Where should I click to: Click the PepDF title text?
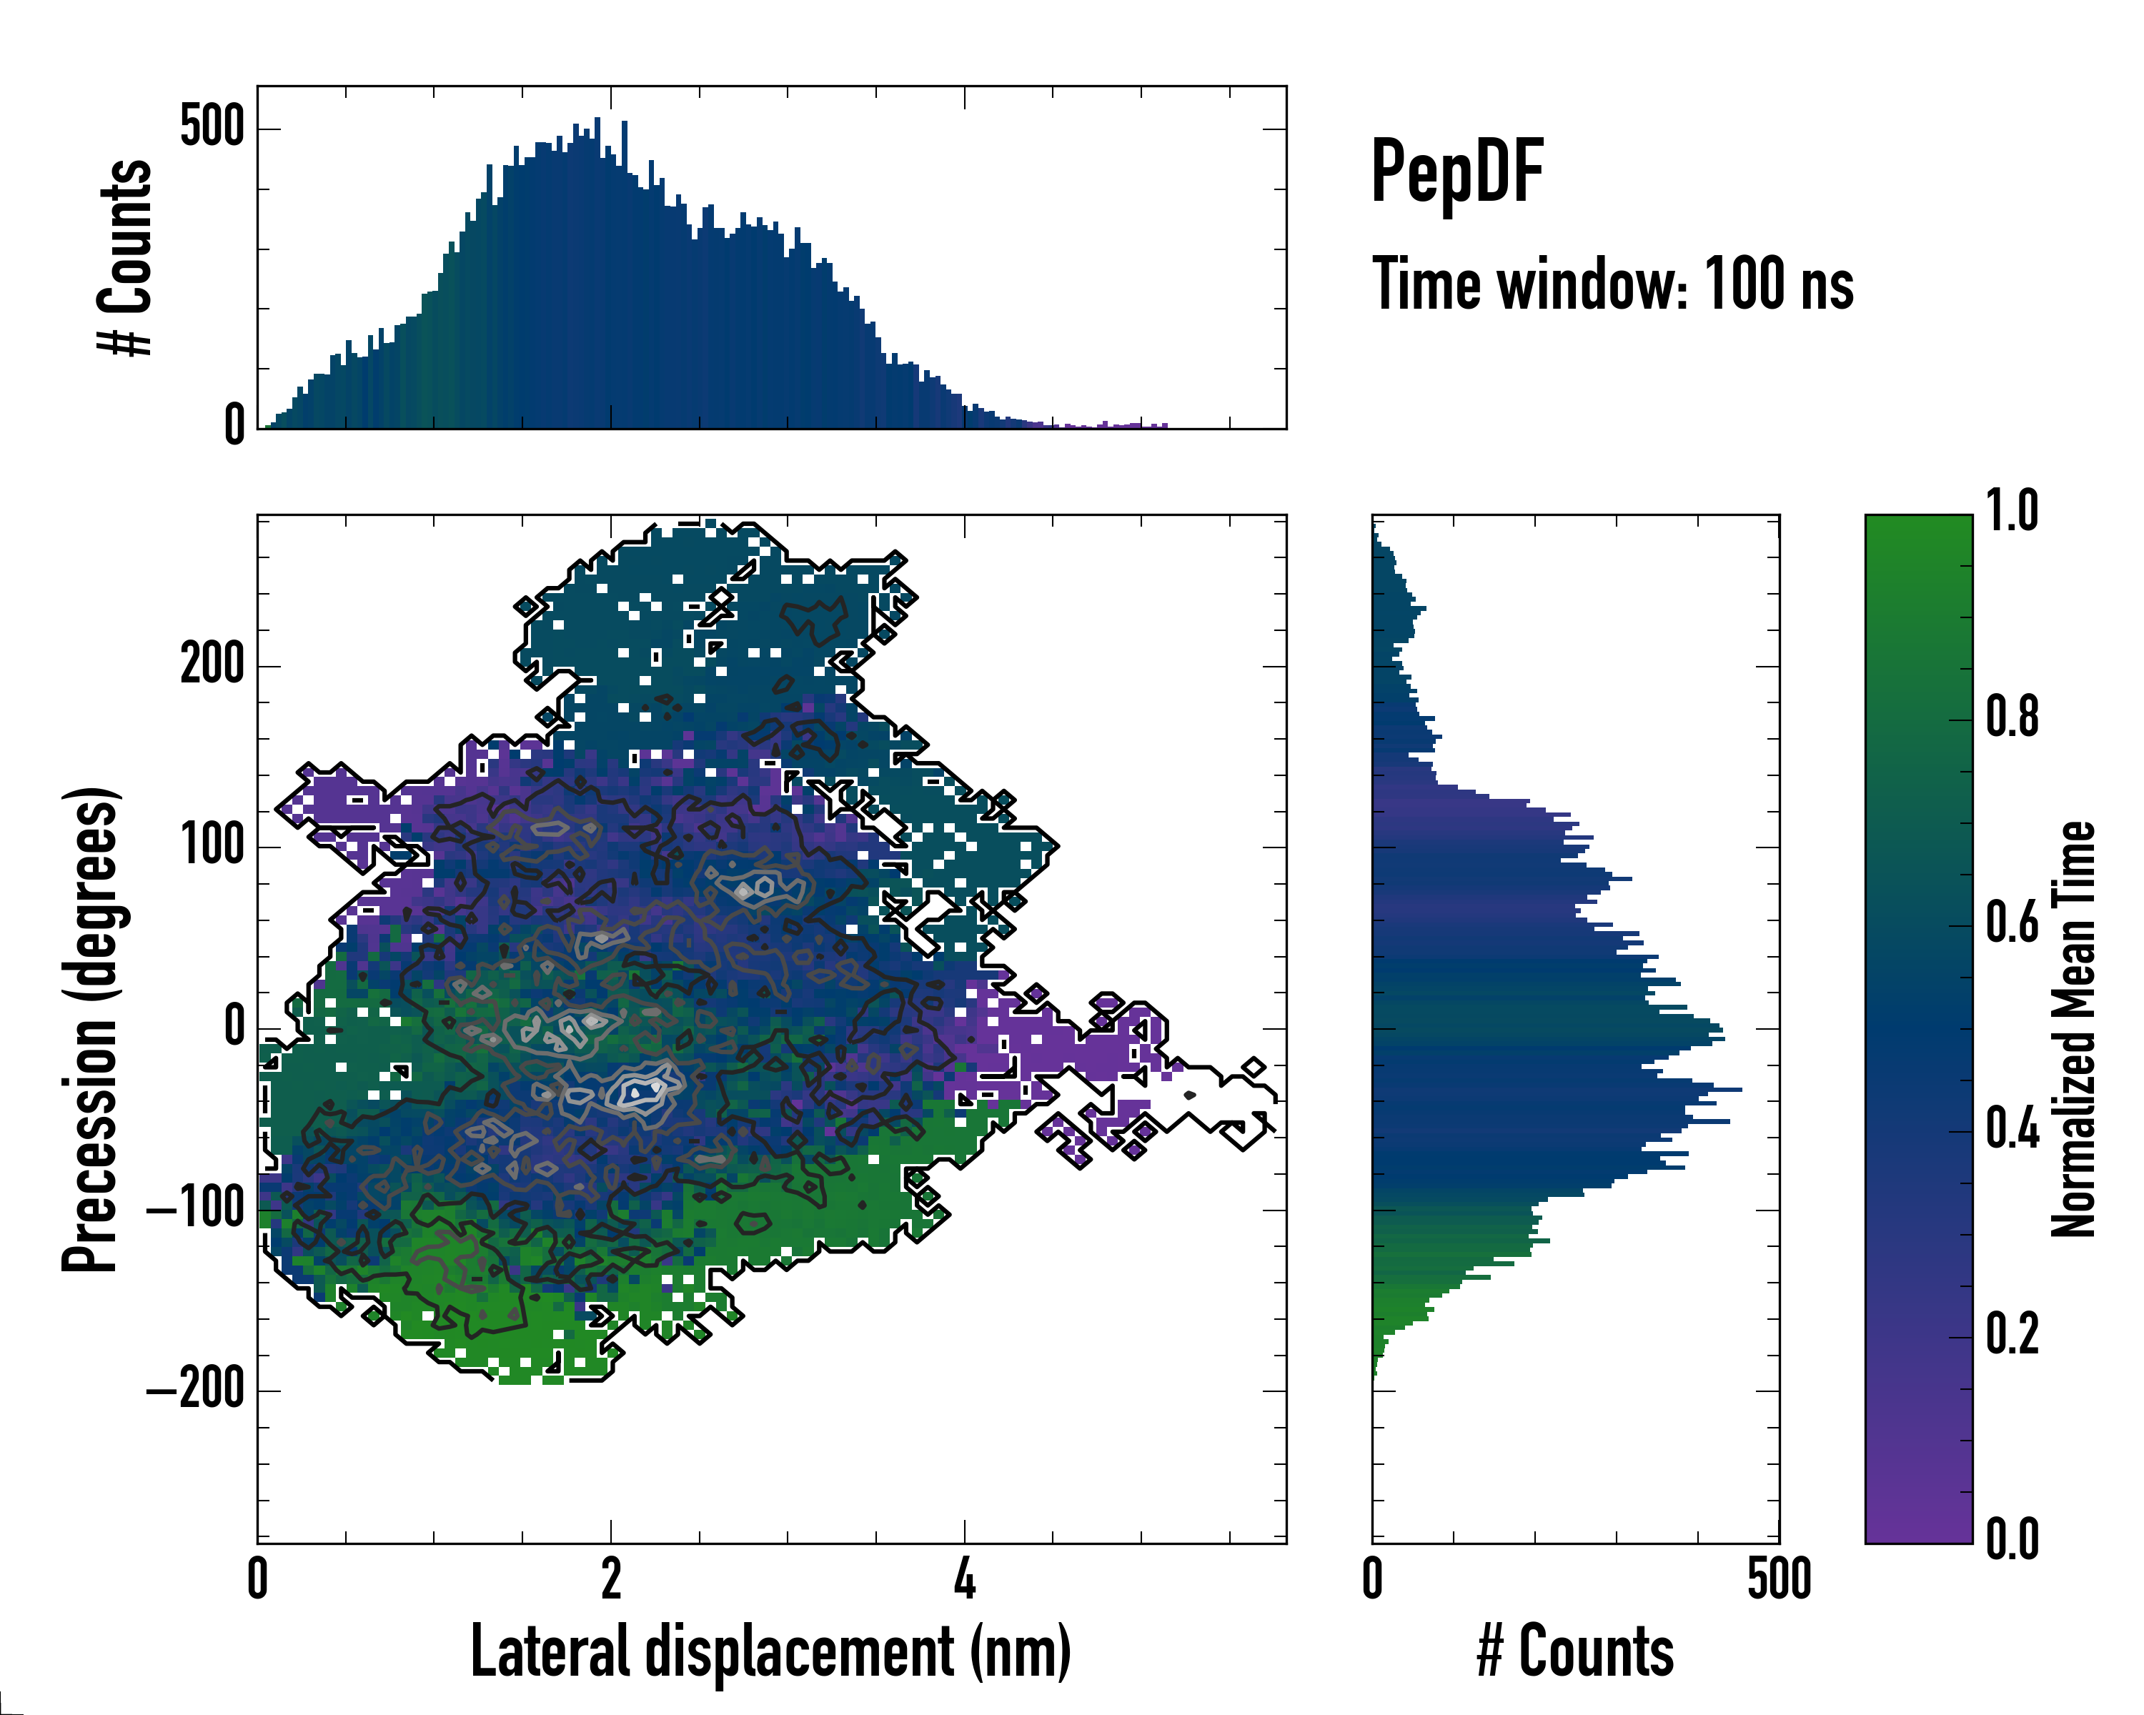coord(1456,172)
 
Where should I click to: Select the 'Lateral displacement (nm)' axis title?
coord(770,1651)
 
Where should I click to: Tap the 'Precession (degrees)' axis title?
coord(91,1029)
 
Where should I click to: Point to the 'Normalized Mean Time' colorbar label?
coord(2073,1029)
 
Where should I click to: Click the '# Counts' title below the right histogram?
coord(1575,1651)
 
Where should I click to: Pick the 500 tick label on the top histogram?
coord(212,127)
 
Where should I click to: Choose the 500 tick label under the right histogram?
coord(1779,1579)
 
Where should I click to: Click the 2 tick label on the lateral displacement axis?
coord(610,1579)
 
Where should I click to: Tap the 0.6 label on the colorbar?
coord(2012,923)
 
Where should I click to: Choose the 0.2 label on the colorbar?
coord(2012,1334)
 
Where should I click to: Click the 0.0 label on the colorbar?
coord(2012,1539)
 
